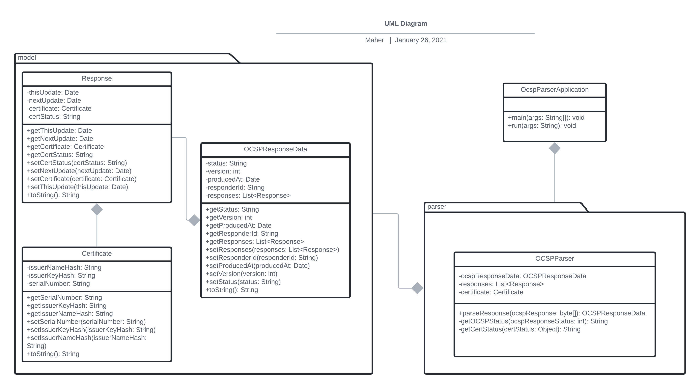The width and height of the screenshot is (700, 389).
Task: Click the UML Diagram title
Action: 406,24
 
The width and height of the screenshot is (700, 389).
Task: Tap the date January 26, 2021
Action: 421,40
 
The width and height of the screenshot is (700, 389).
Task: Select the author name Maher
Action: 374,40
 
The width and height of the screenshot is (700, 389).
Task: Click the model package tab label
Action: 27,58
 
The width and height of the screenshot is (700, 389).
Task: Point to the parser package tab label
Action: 436,207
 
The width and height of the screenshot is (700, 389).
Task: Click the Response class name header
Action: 97,78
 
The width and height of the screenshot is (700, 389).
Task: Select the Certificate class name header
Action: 97,254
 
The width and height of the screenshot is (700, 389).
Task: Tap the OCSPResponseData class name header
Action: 275,149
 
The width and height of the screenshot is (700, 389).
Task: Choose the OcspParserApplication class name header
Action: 554,90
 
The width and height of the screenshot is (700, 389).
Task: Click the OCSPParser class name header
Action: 554,258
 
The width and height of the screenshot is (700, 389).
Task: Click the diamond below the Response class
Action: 97,209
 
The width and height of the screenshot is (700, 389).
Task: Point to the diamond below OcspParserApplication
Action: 554,148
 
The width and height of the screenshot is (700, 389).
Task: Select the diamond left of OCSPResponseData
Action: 194,220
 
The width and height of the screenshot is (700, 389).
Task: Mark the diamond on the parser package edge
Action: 417,288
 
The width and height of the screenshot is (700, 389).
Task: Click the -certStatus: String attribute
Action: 54,117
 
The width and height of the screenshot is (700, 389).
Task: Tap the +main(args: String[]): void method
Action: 546,118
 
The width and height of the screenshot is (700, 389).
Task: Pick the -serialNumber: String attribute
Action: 58,284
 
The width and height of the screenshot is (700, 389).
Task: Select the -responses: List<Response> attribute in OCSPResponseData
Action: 248,195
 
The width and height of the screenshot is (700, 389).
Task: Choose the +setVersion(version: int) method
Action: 241,274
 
